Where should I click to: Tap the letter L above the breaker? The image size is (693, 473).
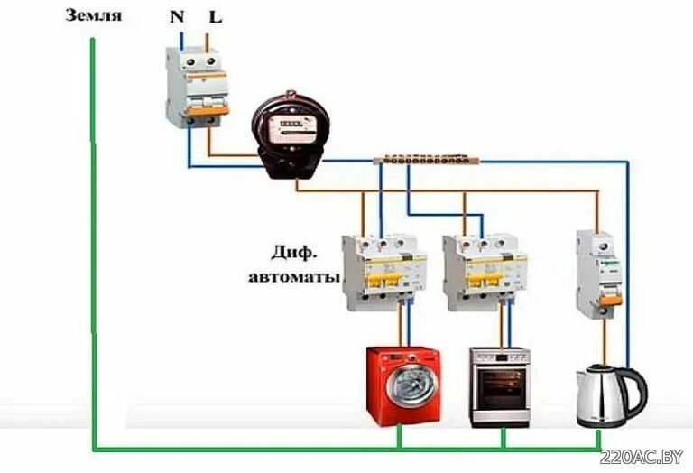coord(215,17)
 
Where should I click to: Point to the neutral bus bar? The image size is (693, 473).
coord(424,161)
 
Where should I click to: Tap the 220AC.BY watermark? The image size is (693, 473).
coord(646,457)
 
